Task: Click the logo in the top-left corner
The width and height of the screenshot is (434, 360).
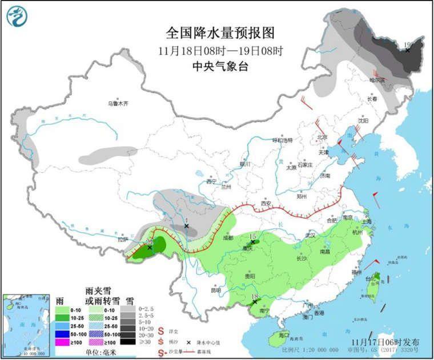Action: tap(17, 15)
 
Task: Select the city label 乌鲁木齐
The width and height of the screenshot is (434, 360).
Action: tap(118, 104)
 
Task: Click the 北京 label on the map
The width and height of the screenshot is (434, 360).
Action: tap(322, 137)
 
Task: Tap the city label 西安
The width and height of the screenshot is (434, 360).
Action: tap(264, 203)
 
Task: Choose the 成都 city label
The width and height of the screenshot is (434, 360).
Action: tap(228, 236)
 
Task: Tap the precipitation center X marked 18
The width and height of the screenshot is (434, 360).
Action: tap(255, 301)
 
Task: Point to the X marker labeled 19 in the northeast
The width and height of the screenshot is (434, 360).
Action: tap(408, 50)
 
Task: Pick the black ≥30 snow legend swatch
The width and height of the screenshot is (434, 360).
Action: tap(129, 342)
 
